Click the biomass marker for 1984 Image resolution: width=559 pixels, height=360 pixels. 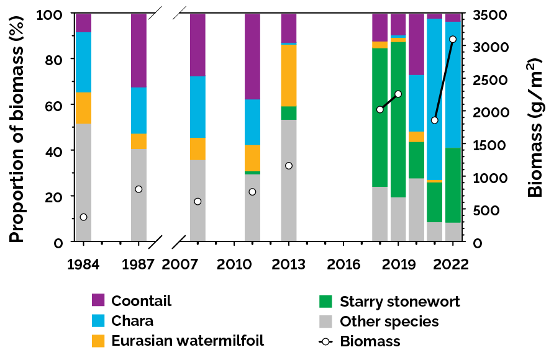pos(83,217)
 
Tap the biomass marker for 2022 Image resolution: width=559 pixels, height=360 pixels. pos(453,39)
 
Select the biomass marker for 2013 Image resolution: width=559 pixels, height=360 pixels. pos(289,166)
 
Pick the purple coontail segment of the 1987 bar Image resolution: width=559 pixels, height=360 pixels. pos(139,50)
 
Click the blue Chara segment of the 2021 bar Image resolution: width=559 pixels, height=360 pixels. pos(435,99)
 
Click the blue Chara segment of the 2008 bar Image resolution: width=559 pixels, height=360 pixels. pos(198,107)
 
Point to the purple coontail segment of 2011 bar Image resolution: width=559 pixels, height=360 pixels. pos(252,56)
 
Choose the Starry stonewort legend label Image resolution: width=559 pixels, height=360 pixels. pos(400,302)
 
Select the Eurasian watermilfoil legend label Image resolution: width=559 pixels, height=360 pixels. pos(188,341)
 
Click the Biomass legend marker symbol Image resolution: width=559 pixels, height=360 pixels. pos(327,341)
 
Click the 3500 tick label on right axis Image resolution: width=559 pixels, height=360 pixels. pos(491,15)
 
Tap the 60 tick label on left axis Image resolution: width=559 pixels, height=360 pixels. pos(55,106)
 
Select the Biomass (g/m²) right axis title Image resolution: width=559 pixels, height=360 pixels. pos(535,127)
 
